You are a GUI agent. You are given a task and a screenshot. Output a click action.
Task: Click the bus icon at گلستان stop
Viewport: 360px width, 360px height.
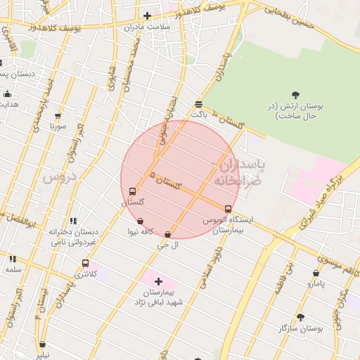pos(133,191)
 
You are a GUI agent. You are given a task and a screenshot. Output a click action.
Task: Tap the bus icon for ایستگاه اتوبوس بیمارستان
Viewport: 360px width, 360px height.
pos(228,209)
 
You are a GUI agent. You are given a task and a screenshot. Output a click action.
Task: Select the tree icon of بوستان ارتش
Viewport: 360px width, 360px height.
pos(295,95)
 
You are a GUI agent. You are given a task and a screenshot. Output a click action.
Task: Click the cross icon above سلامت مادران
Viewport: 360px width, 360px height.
pos(147,15)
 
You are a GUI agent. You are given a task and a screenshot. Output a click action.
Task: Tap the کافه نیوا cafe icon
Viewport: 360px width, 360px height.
pos(140,221)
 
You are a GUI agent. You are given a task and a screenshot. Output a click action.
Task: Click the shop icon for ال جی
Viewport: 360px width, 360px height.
pos(167,235)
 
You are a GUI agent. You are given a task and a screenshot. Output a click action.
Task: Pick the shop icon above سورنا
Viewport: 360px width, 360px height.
pos(58,117)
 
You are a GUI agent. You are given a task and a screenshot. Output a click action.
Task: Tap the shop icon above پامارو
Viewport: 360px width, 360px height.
pos(316,274)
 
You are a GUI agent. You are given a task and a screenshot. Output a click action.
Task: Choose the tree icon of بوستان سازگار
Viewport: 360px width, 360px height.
pos(300,318)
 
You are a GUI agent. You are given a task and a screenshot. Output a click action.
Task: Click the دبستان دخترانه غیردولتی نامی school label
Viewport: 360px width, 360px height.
pos(73,236)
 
